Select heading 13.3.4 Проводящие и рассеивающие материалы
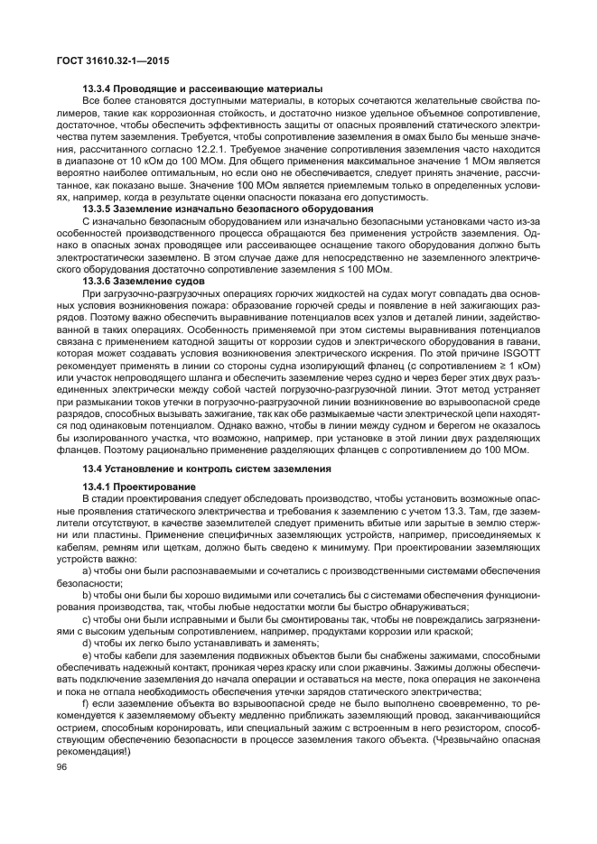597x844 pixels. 201,88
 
